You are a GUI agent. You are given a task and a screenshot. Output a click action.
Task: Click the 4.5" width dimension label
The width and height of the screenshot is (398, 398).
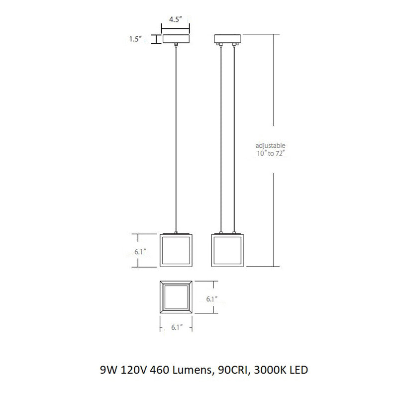point(176,20)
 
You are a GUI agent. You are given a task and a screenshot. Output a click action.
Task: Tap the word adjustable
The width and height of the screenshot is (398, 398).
point(270,146)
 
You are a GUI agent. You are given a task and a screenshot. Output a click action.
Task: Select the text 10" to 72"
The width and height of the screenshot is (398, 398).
point(270,154)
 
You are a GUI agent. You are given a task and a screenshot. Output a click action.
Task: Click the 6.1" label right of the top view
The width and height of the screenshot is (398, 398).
point(212,299)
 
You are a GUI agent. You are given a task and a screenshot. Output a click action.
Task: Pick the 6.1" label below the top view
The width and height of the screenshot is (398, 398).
point(176,327)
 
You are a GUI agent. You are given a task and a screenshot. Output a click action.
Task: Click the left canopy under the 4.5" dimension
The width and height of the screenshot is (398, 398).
point(177,38)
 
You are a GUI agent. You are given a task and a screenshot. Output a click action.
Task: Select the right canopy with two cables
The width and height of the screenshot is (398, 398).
point(227,38)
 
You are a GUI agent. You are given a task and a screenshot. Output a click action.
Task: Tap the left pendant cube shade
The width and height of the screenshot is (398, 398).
point(176,251)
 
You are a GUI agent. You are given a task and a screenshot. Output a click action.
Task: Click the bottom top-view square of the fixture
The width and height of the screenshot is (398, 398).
point(176,298)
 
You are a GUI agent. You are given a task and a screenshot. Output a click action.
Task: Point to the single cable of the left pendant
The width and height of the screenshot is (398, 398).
point(177,139)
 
